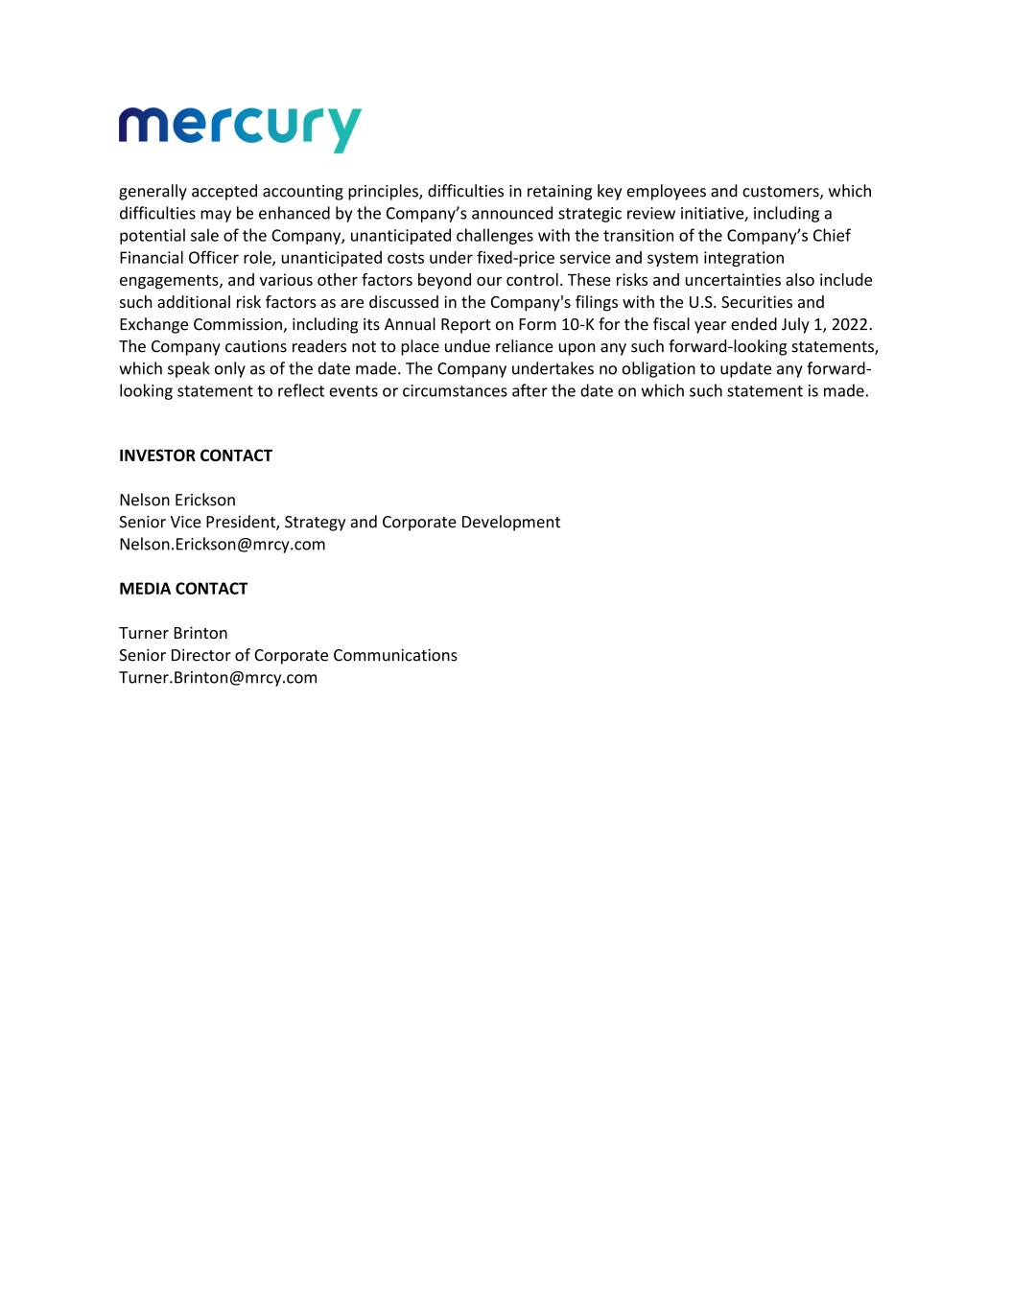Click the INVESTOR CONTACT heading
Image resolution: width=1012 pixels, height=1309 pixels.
tap(196, 456)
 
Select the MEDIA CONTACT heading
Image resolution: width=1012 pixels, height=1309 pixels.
tap(183, 589)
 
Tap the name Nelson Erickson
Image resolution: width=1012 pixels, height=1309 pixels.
tap(177, 500)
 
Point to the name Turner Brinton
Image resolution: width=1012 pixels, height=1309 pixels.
tap(174, 633)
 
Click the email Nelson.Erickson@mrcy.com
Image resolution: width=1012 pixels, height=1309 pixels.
tap(223, 545)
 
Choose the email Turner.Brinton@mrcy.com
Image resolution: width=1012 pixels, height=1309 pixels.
tap(219, 678)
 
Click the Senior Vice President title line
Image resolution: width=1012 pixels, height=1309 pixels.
tap(340, 522)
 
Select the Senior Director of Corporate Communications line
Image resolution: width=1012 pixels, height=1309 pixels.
tap(288, 655)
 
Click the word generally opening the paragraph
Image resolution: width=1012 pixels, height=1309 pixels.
tap(153, 192)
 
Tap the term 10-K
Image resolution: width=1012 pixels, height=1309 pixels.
tap(577, 324)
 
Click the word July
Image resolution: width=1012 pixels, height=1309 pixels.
tap(796, 324)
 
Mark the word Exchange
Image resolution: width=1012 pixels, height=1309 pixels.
tap(153, 324)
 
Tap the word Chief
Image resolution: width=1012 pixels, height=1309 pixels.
tap(831, 236)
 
